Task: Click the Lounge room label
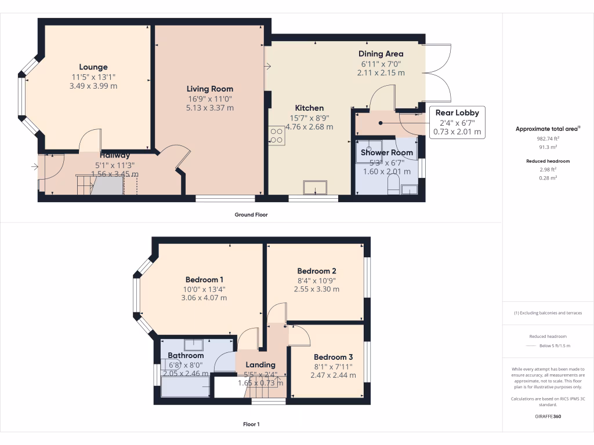pos(93,67)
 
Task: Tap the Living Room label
pos(209,89)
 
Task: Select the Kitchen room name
pos(309,108)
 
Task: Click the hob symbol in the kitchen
pos(276,135)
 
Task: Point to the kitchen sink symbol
pos(315,188)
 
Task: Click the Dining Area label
pos(381,54)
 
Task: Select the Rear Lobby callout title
pos(457,112)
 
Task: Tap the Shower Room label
pos(387,152)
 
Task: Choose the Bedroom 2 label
pos(317,271)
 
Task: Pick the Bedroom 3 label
pos(333,357)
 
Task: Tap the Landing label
pos(260,364)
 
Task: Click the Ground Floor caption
pos(251,214)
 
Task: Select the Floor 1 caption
pos(251,424)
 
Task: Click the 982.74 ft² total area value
pos(548,139)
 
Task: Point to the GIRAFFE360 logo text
pos(548,416)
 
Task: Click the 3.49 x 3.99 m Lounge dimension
pos(94,86)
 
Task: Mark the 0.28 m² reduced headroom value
pos(548,178)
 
